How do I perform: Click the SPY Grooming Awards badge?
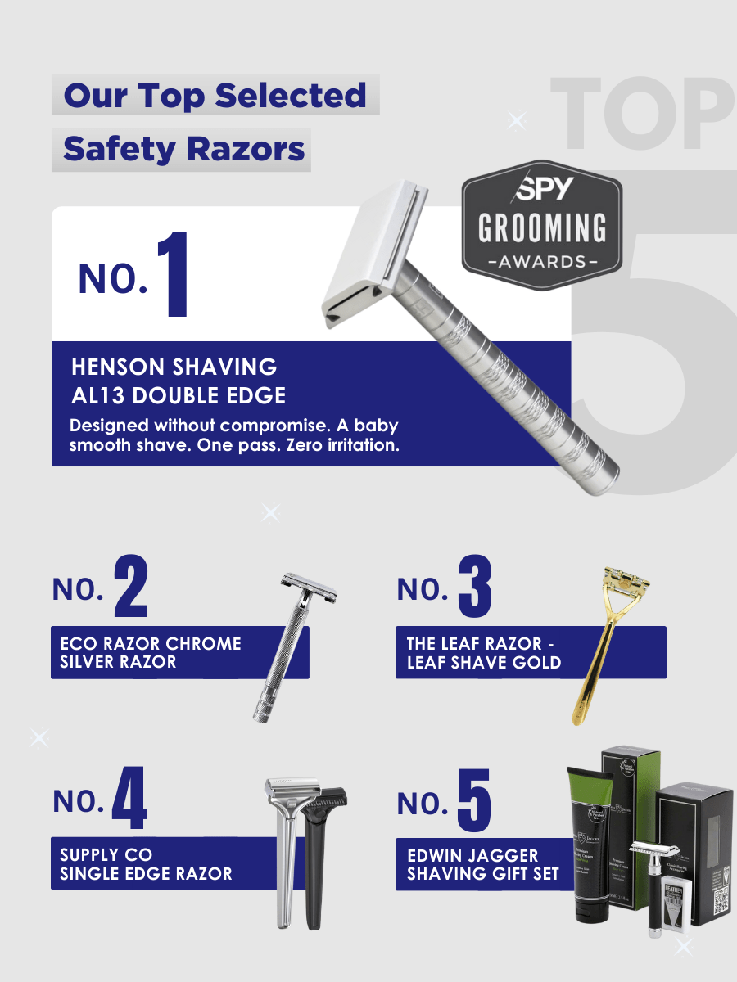pyautogui.click(x=541, y=225)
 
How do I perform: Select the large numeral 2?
pyautogui.click(x=131, y=587)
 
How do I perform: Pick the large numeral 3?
pyautogui.click(x=475, y=587)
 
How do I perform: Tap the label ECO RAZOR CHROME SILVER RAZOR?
pyautogui.click(x=151, y=652)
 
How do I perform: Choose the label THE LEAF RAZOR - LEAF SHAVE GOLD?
pyautogui.click(x=484, y=652)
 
